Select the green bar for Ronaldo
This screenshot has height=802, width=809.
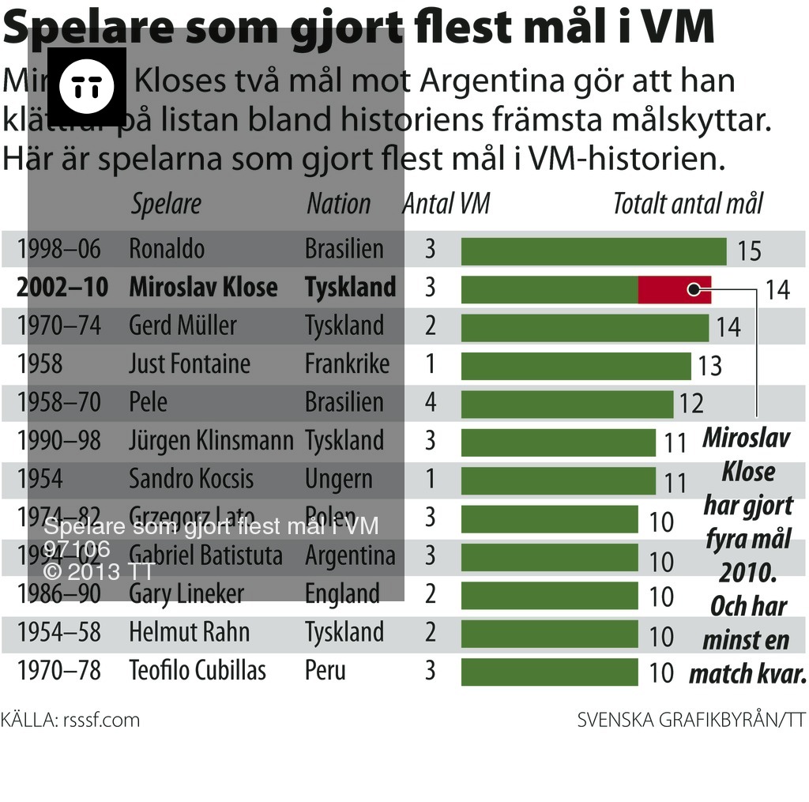[x=593, y=250]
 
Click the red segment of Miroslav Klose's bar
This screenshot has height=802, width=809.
[x=674, y=289]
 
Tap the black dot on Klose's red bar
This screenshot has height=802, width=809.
[x=694, y=289]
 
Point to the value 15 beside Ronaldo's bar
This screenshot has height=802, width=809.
[x=749, y=251]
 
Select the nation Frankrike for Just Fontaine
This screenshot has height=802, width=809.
[x=347, y=364]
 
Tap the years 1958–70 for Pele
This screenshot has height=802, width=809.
[x=59, y=402]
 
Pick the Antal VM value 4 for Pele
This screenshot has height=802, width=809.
[x=430, y=402]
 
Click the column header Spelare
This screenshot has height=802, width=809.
[x=166, y=204]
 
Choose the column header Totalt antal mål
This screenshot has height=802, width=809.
[x=688, y=204]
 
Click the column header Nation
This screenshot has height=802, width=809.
[x=338, y=204]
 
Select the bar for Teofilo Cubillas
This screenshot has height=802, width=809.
[x=549, y=672]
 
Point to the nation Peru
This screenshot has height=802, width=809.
[x=325, y=671]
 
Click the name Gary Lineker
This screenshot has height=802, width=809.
[x=186, y=594]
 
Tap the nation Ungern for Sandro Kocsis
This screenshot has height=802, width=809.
[x=338, y=479]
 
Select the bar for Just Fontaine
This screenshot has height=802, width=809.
[x=576, y=366]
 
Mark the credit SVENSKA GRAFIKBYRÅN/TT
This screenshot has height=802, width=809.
[x=690, y=720]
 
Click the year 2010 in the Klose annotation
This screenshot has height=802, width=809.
[x=747, y=572]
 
